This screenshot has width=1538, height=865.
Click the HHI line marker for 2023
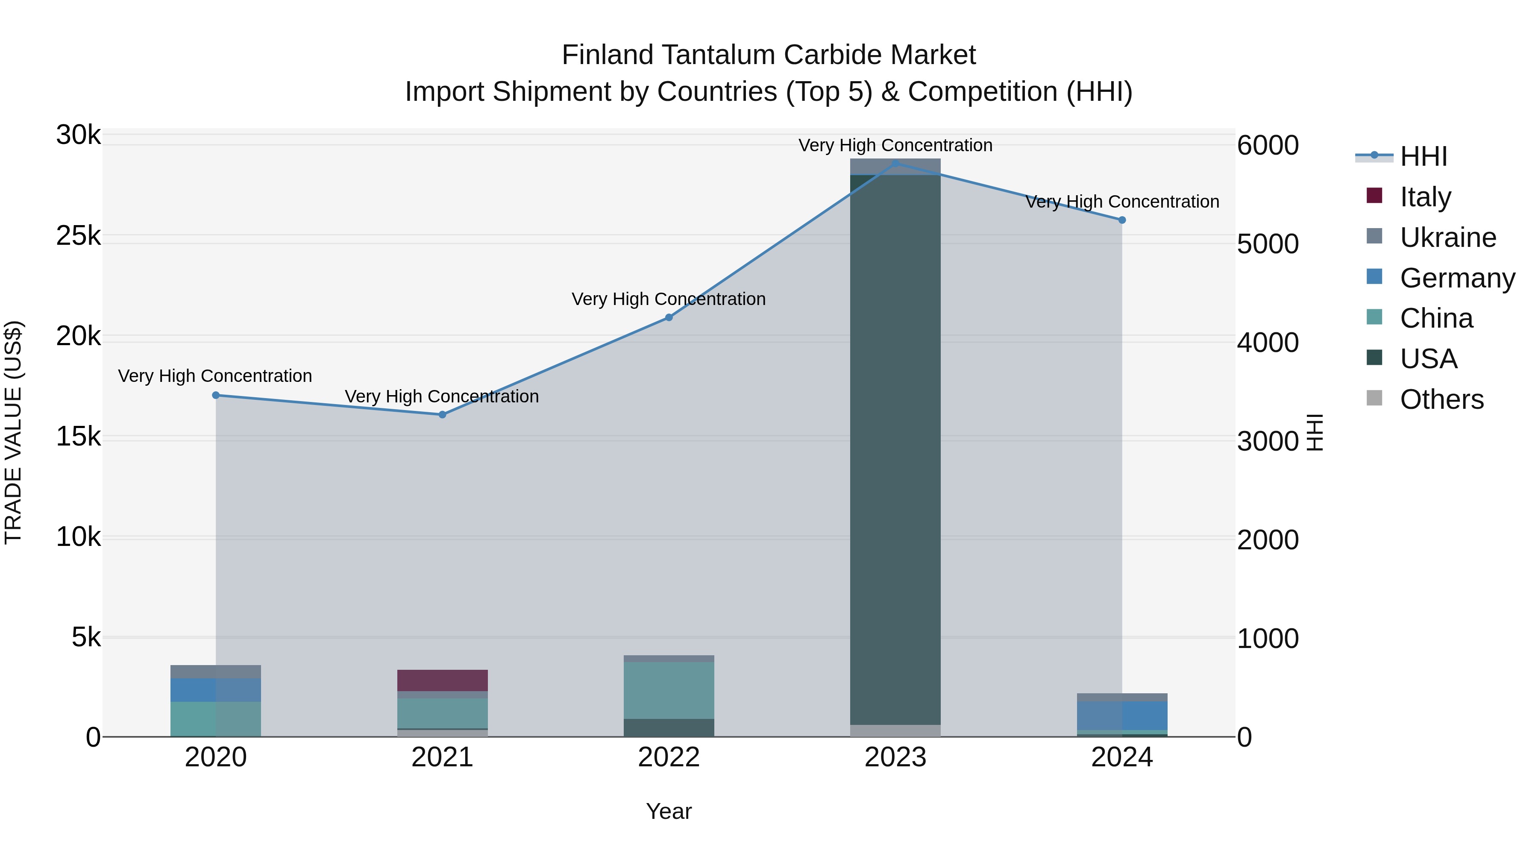coord(895,164)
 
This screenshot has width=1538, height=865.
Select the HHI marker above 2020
coord(216,395)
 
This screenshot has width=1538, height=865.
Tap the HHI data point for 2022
coord(669,317)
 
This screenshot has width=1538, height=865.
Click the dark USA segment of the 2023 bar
coord(895,448)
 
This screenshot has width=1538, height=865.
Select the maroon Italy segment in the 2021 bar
coord(443,680)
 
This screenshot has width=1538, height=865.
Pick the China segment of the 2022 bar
coord(669,690)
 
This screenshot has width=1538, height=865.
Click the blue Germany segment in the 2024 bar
coord(1122,715)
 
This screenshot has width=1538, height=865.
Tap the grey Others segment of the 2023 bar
coord(895,731)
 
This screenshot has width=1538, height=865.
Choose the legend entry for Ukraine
coord(1447,238)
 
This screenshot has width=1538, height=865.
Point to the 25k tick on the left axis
coord(78,236)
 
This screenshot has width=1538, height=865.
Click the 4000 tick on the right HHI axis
coord(1268,343)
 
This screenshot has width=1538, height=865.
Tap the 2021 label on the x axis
coord(443,757)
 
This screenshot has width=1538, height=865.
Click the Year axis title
coord(669,811)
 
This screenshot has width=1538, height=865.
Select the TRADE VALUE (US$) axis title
coord(13,432)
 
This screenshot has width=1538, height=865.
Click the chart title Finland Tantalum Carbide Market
coord(769,55)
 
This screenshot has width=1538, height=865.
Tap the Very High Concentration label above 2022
coord(669,299)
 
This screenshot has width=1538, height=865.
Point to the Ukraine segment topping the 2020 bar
coord(216,671)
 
